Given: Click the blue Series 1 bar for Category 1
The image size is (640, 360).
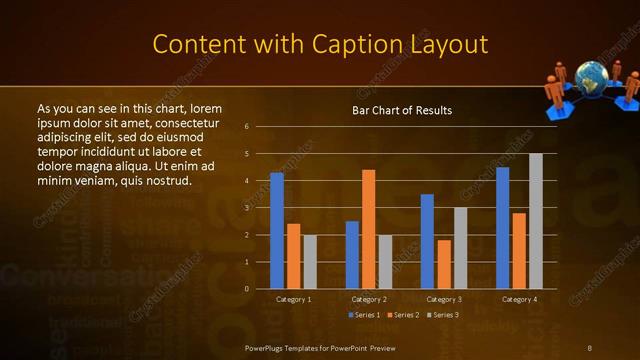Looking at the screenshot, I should pos(277,231).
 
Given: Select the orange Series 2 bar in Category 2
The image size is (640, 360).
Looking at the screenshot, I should pos(368,229).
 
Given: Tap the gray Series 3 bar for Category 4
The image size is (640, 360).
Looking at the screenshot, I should pos(536,221).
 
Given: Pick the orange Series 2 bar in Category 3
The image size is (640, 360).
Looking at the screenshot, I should pos(444,264).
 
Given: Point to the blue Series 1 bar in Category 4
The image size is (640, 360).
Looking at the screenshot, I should pos(502,228).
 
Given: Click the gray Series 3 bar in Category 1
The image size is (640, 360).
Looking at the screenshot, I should pos(310,262).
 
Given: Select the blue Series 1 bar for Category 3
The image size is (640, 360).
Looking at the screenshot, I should pos(427,241).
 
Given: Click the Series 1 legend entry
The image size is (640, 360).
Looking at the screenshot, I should pos(363,315).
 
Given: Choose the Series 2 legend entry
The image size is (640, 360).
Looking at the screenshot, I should pos(401,315).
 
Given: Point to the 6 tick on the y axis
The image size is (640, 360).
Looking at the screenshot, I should pos(246,127).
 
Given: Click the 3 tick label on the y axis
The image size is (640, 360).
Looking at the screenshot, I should pos(246,208).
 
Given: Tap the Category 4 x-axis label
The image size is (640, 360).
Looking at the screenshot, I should pos(519,299).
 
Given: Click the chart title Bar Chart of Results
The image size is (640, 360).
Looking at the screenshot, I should pos(402,110).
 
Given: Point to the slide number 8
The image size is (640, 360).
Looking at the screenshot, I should pos(589,347).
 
